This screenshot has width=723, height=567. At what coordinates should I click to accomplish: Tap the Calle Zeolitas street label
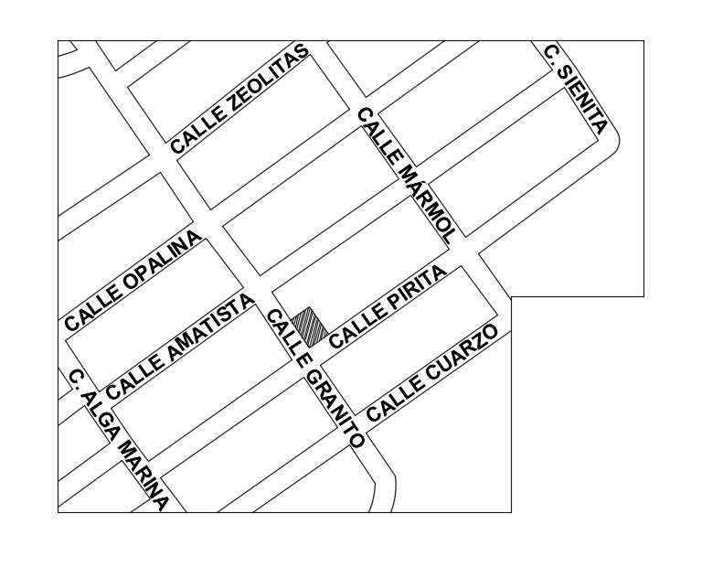click(x=240, y=98)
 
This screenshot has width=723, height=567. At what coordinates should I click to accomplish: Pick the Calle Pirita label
click(x=387, y=307)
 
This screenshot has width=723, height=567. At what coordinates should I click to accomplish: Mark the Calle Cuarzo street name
click(x=432, y=373)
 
